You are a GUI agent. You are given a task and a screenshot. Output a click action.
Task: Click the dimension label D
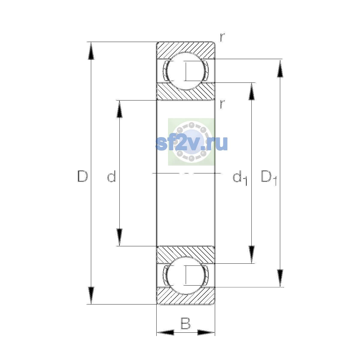click(82, 176)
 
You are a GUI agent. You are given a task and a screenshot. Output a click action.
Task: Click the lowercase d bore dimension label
click(112, 176)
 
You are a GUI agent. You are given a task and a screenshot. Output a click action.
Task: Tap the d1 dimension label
click(240, 178)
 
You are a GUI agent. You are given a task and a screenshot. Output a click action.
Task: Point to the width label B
click(185, 323)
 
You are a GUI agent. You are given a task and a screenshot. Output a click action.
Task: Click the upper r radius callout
click(222, 37)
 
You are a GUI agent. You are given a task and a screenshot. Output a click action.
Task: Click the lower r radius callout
click(222, 104)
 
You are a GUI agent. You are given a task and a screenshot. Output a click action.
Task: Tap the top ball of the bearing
click(185, 71)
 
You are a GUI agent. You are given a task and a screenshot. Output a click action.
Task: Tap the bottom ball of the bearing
click(185, 275)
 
